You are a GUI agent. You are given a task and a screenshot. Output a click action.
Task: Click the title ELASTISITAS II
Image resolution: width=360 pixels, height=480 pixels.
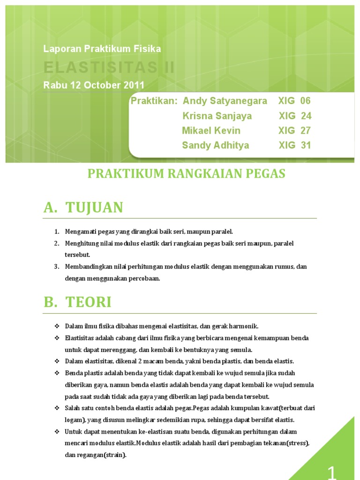[x=109, y=67]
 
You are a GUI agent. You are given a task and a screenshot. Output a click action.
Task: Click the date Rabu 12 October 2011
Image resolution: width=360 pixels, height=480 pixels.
[x=94, y=85]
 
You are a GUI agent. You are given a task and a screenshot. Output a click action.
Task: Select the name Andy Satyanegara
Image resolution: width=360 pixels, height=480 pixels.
[x=225, y=101]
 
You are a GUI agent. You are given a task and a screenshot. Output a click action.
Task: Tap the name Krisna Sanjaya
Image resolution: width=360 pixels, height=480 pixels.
[x=217, y=116]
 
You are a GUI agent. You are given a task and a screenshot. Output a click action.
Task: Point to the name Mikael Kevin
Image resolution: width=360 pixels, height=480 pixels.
[x=211, y=130]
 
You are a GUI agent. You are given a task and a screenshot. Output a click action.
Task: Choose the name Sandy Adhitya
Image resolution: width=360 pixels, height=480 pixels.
[x=216, y=145]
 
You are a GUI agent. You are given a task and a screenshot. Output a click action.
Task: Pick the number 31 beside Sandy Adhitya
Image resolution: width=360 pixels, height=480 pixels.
[x=306, y=145]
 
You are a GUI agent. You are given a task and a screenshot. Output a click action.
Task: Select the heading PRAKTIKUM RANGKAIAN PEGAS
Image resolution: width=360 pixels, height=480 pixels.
[x=187, y=174]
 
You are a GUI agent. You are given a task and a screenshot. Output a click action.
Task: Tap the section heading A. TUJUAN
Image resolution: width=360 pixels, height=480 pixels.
[x=83, y=207]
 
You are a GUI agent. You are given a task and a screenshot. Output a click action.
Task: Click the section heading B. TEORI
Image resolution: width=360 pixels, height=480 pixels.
[x=78, y=302]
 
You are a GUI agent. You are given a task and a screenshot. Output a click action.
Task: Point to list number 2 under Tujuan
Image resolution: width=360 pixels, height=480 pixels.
[x=56, y=243]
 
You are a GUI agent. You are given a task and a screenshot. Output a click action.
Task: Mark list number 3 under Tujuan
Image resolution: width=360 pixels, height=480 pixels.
[x=56, y=267]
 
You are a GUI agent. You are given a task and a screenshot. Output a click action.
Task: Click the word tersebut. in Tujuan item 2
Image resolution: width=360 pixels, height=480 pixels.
[x=77, y=255]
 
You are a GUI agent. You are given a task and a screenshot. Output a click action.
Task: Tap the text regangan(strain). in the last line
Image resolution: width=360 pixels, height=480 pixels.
[x=96, y=454]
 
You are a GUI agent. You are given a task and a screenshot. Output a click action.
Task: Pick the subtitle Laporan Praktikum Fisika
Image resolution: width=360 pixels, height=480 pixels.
[x=102, y=49]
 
